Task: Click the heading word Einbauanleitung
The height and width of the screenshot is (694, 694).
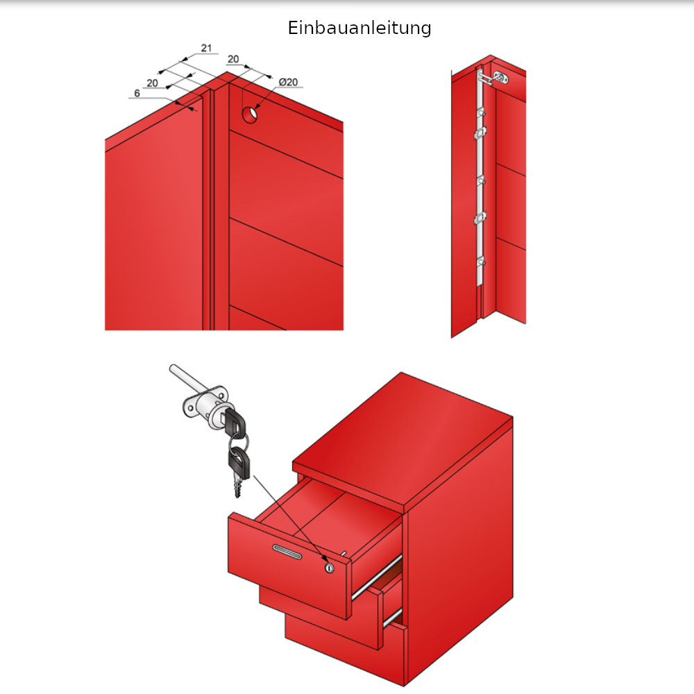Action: [359, 28]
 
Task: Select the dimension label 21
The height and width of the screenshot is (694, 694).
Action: [206, 48]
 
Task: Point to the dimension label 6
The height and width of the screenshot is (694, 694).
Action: [137, 92]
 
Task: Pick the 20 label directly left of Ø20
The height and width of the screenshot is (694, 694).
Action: [233, 60]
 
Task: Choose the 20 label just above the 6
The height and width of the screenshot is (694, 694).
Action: [152, 83]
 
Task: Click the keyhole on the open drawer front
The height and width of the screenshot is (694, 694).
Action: [329, 568]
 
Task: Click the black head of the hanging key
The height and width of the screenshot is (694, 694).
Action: [238, 459]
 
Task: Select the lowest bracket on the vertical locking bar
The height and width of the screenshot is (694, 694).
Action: [480, 262]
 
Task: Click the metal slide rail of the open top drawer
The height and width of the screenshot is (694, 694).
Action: [378, 575]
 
